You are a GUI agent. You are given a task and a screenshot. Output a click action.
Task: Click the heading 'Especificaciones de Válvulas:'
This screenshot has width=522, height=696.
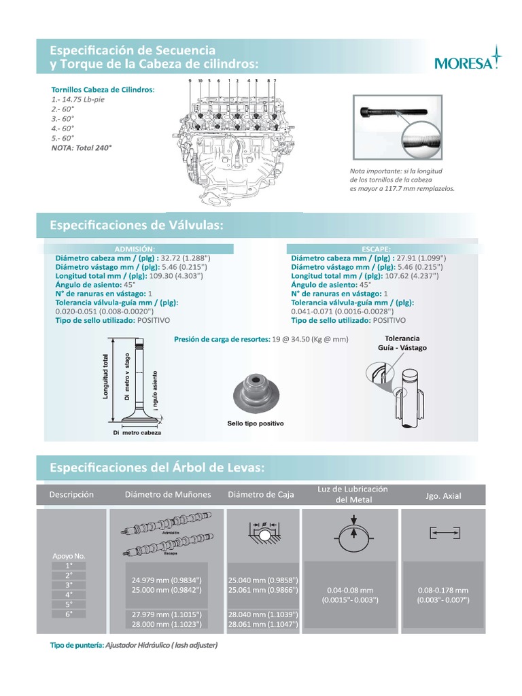click(137, 225)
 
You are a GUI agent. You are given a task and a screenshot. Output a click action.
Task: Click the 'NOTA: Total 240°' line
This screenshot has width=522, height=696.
click(82, 146)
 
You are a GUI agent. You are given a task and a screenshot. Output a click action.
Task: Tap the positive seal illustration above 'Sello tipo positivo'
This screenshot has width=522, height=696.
click(255, 394)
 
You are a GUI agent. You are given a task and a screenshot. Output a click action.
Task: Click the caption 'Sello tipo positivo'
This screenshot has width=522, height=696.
click(255, 423)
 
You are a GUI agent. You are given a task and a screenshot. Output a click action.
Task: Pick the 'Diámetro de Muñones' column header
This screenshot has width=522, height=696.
click(168, 495)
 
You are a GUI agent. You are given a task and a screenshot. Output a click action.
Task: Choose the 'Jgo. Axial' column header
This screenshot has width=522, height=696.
click(442, 496)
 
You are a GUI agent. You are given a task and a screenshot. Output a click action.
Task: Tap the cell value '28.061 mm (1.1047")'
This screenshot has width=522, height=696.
click(264, 623)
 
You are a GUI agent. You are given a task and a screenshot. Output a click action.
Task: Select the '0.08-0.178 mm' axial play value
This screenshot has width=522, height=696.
click(442, 590)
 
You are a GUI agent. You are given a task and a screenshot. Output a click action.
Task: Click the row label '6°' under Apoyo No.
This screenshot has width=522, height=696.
click(69, 614)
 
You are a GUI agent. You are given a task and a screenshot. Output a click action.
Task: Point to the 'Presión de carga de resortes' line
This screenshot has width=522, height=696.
click(261, 338)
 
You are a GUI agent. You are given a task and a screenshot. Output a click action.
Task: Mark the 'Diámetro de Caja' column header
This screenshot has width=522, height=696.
click(261, 495)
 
